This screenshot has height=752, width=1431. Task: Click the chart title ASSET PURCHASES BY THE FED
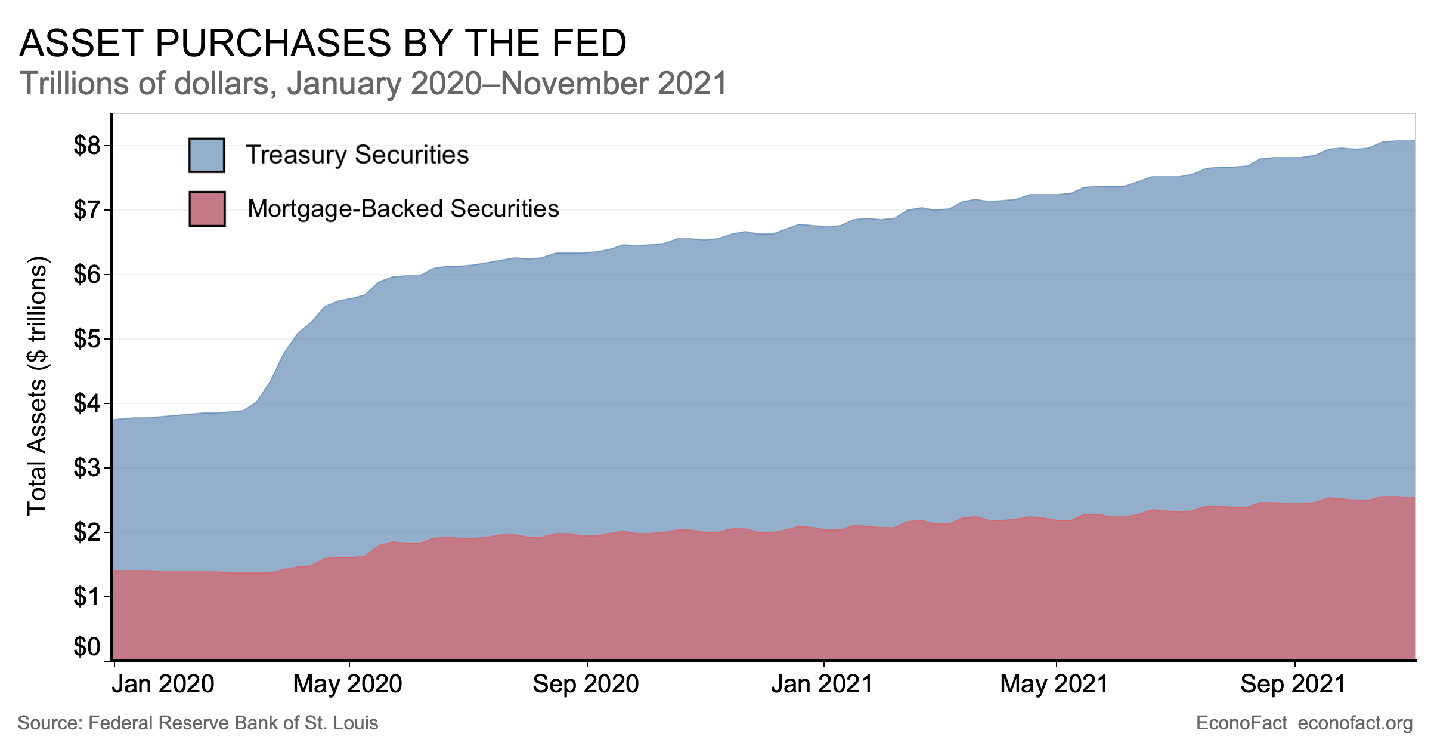click(323, 44)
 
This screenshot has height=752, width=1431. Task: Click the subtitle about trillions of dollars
click(373, 84)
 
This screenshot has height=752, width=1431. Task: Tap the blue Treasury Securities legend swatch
click(206, 155)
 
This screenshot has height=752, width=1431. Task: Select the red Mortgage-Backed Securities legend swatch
click(207, 209)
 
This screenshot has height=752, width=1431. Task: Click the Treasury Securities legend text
click(357, 155)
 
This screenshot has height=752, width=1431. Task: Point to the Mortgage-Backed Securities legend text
click(403, 209)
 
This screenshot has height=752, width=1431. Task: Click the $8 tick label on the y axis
click(87, 146)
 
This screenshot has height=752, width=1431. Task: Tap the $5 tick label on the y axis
click(87, 339)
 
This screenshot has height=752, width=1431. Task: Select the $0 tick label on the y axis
click(87, 647)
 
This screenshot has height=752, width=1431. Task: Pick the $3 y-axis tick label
click(87, 468)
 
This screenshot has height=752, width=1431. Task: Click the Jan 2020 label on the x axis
click(163, 684)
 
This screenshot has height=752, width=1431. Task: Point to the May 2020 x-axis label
click(348, 684)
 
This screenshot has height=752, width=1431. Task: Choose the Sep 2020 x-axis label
click(586, 684)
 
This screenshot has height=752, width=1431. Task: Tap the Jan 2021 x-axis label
click(822, 684)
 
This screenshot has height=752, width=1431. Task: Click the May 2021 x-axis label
click(1054, 684)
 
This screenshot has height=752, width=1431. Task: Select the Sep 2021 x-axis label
click(1293, 684)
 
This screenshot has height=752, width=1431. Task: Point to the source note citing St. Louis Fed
click(198, 723)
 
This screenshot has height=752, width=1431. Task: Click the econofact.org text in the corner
click(1355, 723)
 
